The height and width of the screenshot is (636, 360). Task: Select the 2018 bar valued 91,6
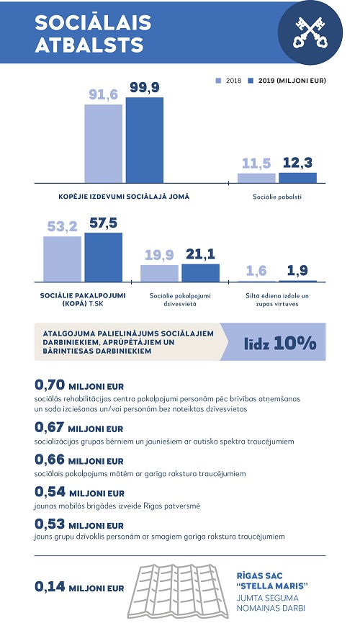coord(103,144)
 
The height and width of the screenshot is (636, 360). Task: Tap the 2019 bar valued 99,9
coord(145,141)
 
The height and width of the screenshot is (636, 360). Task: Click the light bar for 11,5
coord(256,178)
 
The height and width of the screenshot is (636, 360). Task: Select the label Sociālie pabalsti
coord(277,196)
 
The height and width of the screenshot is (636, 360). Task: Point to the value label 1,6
coord(256,271)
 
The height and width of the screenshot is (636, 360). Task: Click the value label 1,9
coord(298,271)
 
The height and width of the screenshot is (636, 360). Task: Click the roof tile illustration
coord(180,588)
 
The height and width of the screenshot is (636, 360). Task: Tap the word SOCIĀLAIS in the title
coord(94,23)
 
